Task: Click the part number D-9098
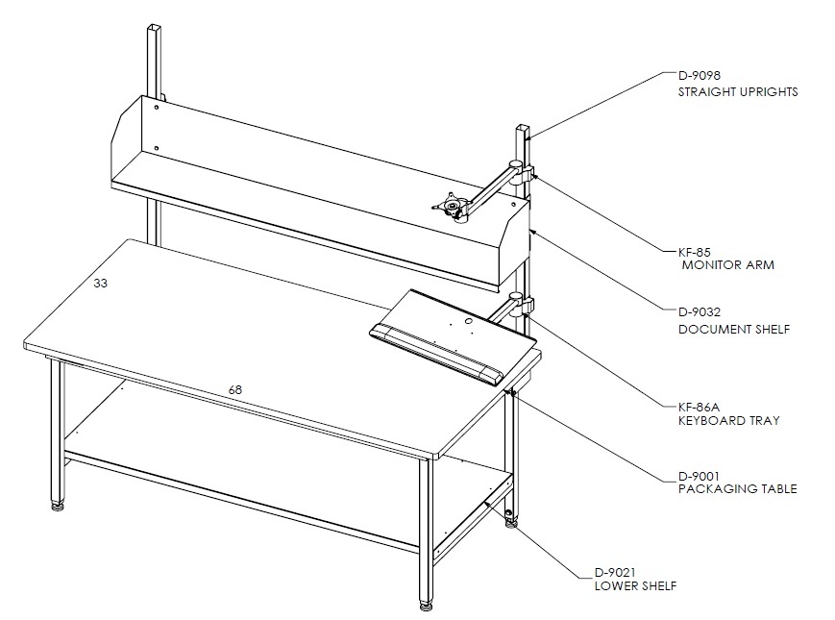coord(699,76)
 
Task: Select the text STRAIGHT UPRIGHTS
coord(738,92)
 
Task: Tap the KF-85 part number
coord(695,252)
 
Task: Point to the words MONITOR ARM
coord(728,265)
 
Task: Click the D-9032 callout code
coord(699,312)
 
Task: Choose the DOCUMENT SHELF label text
coord(734,330)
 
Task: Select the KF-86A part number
coord(699,408)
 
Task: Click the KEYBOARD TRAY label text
coord(728,421)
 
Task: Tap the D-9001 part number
coord(699,476)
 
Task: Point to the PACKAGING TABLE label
coord(738,489)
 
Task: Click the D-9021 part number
coord(615,573)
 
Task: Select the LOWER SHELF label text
coord(635,586)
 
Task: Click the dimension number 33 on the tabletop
coord(100,284)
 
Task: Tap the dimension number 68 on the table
coord(234,390)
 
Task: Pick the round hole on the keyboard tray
coord(468,321)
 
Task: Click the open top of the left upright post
coord(154,27)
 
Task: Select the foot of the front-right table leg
coord(425,606)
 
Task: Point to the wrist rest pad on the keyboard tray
coord(436,354)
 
